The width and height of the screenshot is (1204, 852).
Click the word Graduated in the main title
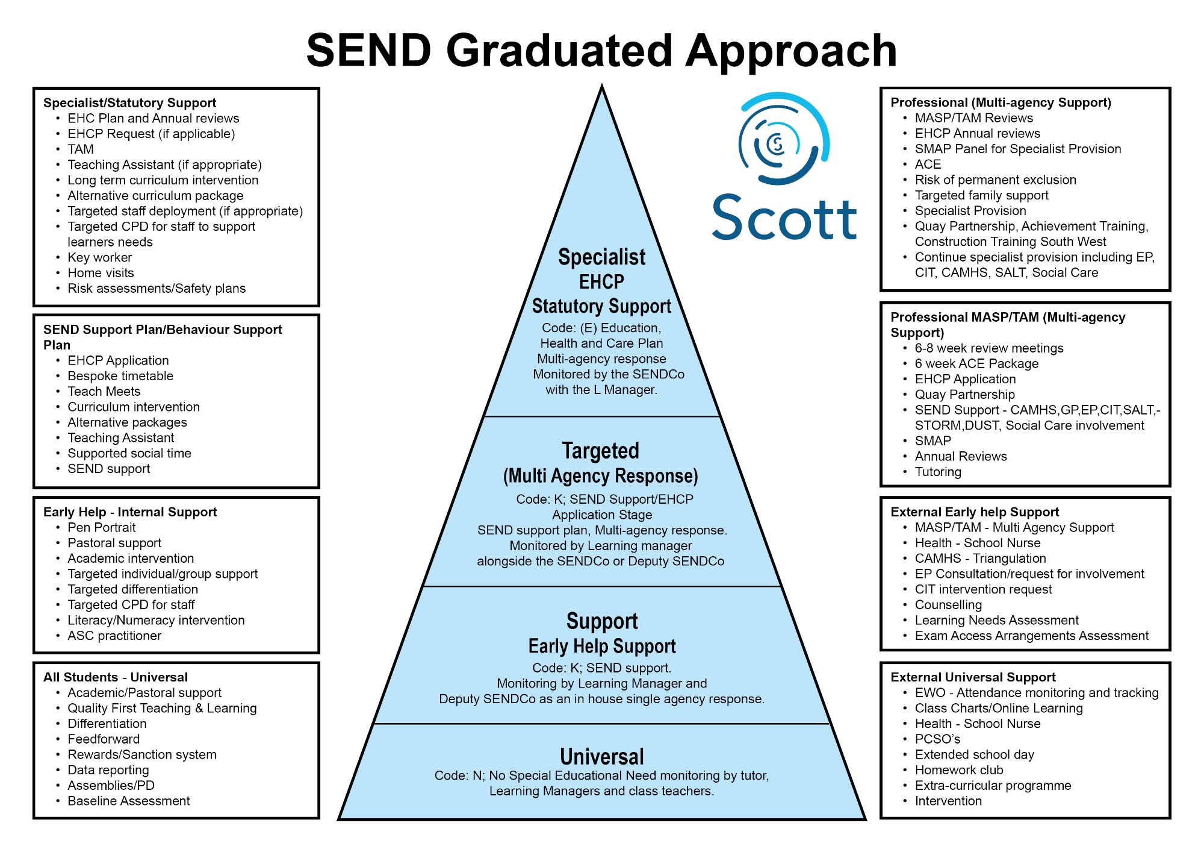[559, 51]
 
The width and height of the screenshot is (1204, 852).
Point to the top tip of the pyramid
[602, 86]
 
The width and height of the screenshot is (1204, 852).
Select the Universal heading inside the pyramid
[602, 756]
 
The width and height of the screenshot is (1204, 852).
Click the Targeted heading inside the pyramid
[601, 451]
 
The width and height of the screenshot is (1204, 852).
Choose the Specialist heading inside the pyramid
[602, 257]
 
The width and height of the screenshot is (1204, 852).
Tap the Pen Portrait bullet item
[102, 527]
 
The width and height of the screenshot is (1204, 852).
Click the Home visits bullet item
[101, 273]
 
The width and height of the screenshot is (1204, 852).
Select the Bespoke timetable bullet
[120, 376]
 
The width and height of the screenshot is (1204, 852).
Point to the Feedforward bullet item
[104, 739]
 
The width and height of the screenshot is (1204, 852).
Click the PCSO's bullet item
[937, 739]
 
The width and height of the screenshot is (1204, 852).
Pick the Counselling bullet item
[948, 605]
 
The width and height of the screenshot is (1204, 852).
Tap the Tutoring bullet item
[938, 472]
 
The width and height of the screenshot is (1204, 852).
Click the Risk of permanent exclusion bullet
[996, 180]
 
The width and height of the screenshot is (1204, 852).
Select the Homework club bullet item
[959, 770]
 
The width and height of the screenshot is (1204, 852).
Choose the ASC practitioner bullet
[114, 636]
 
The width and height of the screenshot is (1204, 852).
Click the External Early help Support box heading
[975, 512]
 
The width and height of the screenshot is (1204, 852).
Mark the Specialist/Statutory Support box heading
[129, 103]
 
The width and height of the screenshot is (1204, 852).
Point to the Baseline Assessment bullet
[129, 801]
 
